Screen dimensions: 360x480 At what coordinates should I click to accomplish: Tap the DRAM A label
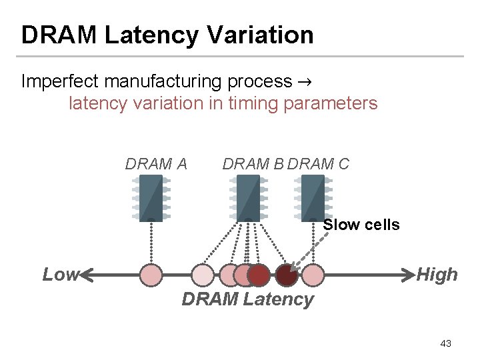156,163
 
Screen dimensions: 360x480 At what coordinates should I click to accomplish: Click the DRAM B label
254,163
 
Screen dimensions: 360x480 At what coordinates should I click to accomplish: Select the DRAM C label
319,163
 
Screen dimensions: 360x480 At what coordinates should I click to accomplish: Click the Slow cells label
361,225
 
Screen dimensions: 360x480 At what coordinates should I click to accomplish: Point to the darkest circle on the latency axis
287,275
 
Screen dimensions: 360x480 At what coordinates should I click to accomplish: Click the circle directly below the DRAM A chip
151,275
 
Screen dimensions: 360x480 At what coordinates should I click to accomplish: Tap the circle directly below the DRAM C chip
313,275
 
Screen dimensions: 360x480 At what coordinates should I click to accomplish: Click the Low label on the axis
60,275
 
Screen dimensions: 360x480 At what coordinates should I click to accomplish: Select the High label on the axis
437,275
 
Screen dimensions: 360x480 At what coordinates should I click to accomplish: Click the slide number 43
446,343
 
